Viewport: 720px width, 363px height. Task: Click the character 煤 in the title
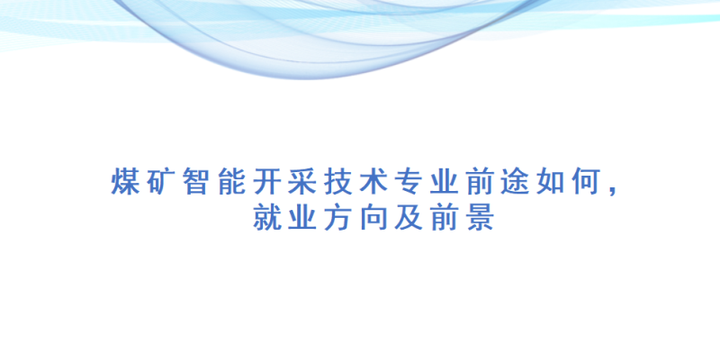[x=125, y=182]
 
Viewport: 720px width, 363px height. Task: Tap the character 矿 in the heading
[x=161, y=182]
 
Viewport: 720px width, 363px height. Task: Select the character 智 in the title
[x=196, y=182]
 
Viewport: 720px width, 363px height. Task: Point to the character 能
[x=231, y=182]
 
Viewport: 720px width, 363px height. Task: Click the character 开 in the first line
[x=266, y=182]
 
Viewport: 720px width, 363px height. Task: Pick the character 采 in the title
[x=302, y=182]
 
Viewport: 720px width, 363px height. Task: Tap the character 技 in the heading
[x=337, y=182]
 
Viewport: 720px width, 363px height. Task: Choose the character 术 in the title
[x=373, y=182]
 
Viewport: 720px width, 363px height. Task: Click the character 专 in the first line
[x=409, y=182]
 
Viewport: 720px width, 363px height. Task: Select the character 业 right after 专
[x=444, y=182]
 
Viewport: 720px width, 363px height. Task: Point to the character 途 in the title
[x=514, y=182]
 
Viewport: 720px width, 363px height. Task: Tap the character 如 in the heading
[x=550, y=182]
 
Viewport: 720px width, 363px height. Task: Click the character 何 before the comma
[x=585, y=182]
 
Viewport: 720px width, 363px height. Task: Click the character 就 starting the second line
[x=266, y=217]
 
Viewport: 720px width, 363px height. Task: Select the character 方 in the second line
[x=337, y=217]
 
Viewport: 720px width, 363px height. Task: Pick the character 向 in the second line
[x=373, y=217]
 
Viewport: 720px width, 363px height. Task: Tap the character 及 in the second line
[x=409, y=217]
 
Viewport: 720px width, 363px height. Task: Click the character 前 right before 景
[x=444, y=217]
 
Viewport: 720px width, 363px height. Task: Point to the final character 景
[x=479, y=217]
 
